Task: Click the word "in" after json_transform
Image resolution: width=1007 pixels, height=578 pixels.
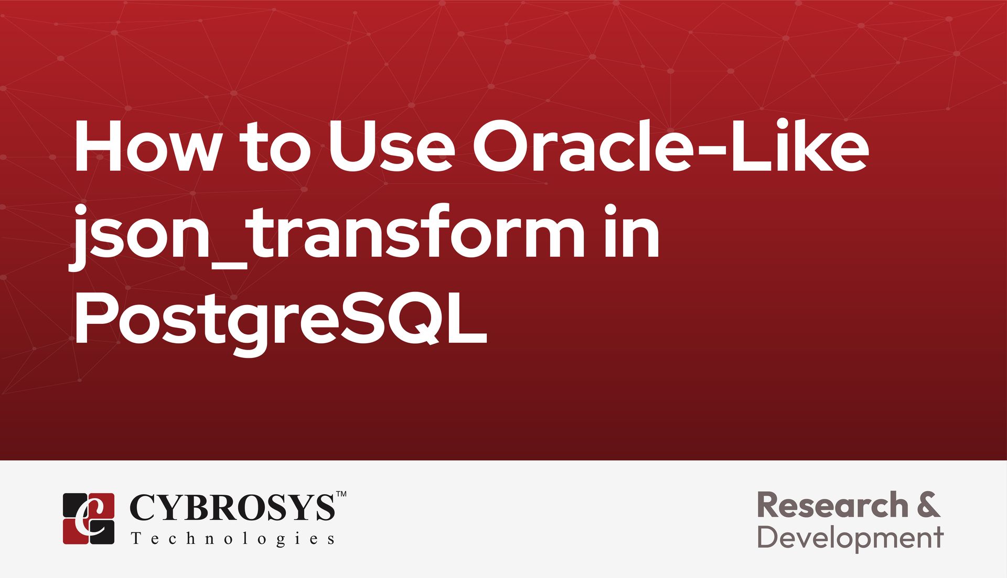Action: pyautogui.click(x=632, y=231)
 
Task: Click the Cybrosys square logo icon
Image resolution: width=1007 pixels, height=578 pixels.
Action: pyautogui.click(x=89, y=518)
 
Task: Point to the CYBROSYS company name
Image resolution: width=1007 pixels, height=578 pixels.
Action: pyautogui.click(x=231, y=507)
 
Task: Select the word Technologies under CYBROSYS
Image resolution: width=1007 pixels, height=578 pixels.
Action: pyautogui.click(x=232, y=539)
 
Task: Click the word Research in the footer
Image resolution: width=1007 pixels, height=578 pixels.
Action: pyautogui.click(x=833, y=505)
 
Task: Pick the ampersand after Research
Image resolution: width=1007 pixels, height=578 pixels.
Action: pyautogui.click(x=929, y=505)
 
